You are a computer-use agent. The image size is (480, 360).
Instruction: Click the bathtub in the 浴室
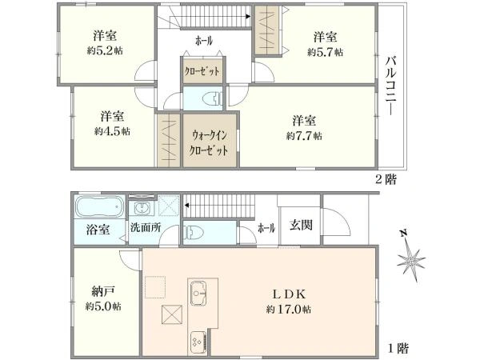point(99,206)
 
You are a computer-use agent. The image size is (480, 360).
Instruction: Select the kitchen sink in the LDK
point(198,293)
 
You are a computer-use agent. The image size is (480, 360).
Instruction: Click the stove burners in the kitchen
point(198,343)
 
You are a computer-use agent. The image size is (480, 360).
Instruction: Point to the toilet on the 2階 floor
point(213,98)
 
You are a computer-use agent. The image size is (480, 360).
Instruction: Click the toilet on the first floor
point(194,232)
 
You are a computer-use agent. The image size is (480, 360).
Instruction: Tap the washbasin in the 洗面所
point(142,209)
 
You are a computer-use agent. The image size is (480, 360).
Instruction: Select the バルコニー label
point(390,86)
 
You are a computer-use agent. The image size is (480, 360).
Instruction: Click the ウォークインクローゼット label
point(209,142)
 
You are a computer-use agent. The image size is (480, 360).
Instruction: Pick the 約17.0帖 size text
point(288,309)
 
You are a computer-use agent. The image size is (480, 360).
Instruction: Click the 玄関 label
point(302,226)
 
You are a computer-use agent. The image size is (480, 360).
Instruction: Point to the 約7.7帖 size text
point(304,136)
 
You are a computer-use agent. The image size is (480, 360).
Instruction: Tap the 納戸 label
point(103,291)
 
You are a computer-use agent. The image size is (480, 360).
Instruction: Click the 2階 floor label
point(386,179)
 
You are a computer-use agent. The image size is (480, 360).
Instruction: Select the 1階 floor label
point(398,348)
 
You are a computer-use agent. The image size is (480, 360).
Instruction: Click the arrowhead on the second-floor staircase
point(248,17)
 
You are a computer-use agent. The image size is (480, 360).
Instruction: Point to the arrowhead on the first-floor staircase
point(186,205)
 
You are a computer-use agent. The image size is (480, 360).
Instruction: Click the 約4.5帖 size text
point(112,132)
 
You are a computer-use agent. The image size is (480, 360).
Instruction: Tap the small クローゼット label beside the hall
point(202,71)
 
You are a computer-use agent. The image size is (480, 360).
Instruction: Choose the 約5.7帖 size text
point(325,52)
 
